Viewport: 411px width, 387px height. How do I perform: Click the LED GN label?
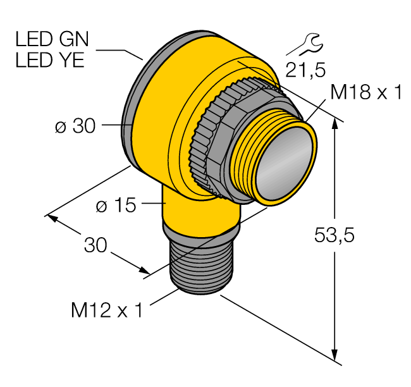coord(53,40)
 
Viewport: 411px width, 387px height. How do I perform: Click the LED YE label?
coord(52,61)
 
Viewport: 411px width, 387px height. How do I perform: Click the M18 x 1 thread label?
coord(366,94)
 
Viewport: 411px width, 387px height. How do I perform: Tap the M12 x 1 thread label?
coord(107,310)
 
